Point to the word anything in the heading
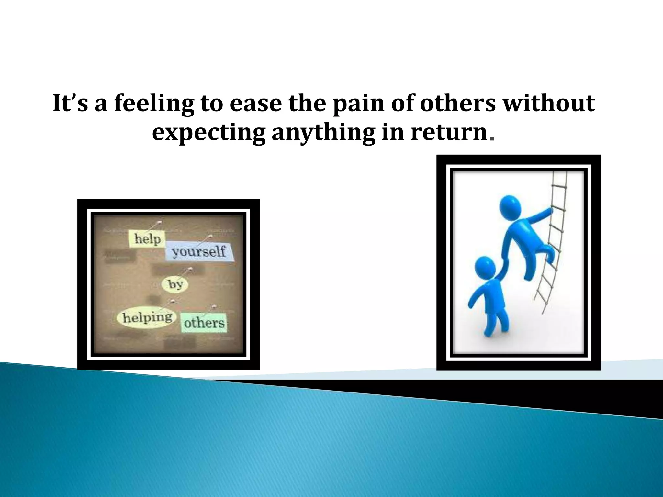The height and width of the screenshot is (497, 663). tap(324, 133)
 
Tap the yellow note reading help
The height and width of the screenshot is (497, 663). tap(147, 239)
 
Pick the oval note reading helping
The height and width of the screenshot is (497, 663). tap(147, 317)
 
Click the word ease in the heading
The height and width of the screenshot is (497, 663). tap(257, 104)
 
